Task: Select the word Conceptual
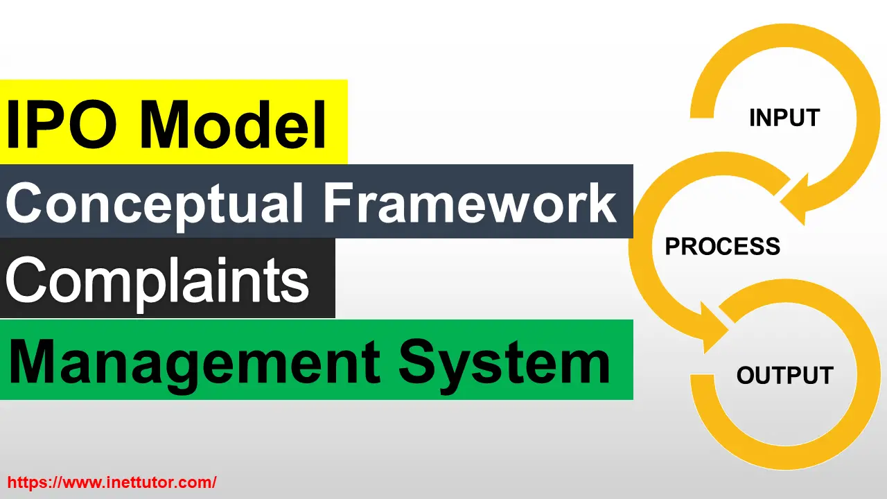155,206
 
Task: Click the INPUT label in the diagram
784,118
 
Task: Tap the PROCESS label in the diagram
723,246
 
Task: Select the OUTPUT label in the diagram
785,375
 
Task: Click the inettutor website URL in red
112,482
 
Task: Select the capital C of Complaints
24,279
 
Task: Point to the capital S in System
416,362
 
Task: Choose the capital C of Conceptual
24,202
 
